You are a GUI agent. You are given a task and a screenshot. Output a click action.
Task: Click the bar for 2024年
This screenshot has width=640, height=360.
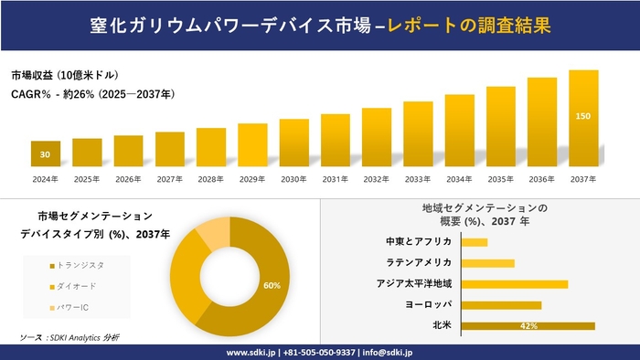(x=45, y=154)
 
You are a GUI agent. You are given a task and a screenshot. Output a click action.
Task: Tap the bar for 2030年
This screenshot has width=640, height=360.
(x=293, y=143)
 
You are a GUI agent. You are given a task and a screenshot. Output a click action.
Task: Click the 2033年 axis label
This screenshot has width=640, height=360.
(x=418, y=179)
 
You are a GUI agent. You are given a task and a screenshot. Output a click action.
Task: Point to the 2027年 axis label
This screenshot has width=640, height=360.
(x=169, y=179)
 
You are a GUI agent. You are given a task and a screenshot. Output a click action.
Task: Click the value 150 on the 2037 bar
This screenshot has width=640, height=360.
(x=582, y=117)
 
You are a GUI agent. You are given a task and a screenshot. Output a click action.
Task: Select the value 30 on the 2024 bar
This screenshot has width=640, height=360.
(x=45, y=154)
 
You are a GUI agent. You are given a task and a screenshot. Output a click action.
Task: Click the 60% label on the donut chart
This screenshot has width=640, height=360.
(x=272, y=286)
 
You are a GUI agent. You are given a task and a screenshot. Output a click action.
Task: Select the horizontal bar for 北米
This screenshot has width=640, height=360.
(x=528, y=325)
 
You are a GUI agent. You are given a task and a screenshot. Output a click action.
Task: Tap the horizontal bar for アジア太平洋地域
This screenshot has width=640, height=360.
(x=514, y=284)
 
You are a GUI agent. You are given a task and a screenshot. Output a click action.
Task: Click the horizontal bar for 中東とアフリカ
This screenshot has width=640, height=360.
(x=475, y=242)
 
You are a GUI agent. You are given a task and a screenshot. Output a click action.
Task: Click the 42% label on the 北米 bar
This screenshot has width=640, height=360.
(x=528, y=325)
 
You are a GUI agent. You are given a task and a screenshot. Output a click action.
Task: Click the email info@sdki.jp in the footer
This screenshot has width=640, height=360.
(x=390, y=351)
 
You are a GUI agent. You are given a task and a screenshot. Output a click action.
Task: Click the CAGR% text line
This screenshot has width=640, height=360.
(x=92, y=94)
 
